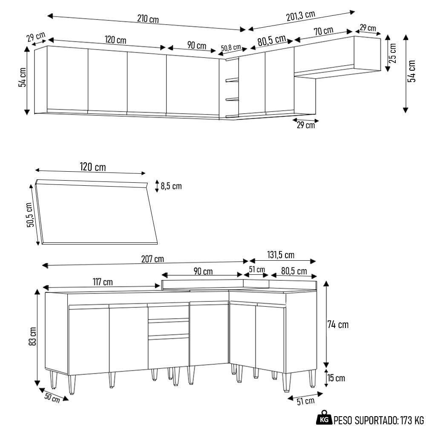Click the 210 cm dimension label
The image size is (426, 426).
148,19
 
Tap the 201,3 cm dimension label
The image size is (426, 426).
300,16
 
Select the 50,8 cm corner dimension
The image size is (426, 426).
231,47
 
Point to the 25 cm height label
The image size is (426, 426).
392,53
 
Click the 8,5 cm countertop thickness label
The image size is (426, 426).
171,186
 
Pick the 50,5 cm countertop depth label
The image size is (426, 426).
29,215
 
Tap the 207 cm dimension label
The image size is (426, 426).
153,259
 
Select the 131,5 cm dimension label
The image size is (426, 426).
280,255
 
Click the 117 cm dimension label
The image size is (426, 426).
102,282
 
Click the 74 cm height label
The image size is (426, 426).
338,325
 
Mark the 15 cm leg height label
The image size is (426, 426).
335,378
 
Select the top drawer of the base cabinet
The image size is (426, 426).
168,312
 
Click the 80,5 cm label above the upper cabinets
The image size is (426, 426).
271,41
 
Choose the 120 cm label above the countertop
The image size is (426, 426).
92,167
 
